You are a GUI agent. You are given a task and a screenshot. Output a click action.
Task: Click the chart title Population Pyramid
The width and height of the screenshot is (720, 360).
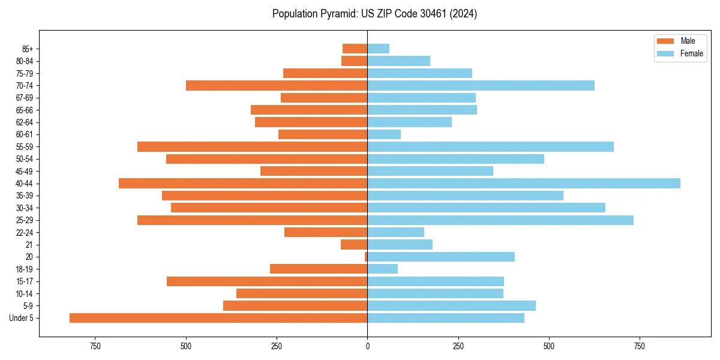coord(374,14)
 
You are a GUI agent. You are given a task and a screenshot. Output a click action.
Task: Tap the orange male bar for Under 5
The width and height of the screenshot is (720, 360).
coord(218,318)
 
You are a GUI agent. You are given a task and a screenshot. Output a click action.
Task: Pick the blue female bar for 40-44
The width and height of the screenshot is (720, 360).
coord(524,184)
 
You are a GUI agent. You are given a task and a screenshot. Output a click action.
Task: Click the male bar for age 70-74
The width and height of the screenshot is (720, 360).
coord(277,86)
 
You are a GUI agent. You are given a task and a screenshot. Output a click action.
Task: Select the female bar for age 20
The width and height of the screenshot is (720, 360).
coord(441,257)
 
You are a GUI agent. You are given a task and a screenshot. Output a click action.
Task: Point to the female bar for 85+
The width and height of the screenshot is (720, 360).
coord(379,49)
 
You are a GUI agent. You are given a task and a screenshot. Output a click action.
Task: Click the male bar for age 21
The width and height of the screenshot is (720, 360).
coord(354,245)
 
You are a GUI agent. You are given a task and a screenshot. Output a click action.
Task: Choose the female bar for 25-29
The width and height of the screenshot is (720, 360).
coord(500,220)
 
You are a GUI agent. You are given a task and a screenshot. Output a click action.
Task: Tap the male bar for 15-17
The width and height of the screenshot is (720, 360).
coord(267,281)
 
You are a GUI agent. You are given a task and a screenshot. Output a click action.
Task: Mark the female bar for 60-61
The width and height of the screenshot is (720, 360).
coord(384,134)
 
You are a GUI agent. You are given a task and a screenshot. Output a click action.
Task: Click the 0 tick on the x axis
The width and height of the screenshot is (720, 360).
coord(367,346)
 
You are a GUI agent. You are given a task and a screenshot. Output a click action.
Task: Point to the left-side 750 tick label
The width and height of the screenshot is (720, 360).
coord(95,346)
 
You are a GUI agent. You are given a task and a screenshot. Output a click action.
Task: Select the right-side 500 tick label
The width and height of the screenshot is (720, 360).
coord(548,346)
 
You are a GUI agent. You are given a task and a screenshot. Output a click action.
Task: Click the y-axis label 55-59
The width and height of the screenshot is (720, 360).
coord(24,147)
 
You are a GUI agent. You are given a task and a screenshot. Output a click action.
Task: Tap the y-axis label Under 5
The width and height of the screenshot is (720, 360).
coord(22,318)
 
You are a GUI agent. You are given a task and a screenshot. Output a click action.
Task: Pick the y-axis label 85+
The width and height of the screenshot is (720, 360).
coord(26,49)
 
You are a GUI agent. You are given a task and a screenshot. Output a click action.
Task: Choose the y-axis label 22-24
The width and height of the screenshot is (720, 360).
coord(24,233)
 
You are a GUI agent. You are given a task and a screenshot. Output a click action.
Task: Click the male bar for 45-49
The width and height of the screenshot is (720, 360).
coord(314,171)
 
